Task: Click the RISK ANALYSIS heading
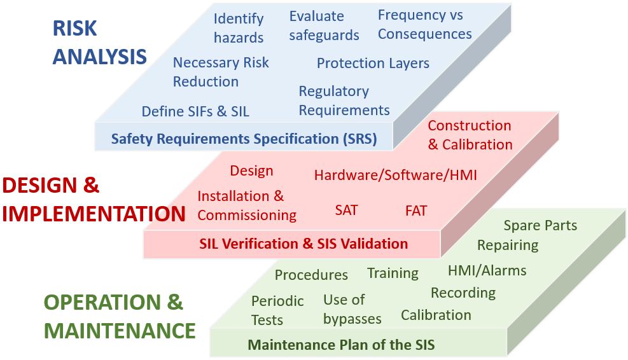coord(99,42)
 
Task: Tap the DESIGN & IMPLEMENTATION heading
coord(94,200)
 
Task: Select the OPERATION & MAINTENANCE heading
coord(120,316)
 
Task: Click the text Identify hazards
coord(239,28)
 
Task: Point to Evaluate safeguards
coord(324,25)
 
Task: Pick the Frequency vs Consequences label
coord(424,25)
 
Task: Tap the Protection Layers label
coord(373,63)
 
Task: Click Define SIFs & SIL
coord(195,111)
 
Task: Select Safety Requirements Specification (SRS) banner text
coord(244,139)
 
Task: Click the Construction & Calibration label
coord(470,135)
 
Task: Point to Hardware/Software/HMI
coord(395,176)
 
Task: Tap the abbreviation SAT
coord(346,211)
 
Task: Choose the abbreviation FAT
coord(416,211)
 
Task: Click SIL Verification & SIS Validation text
coord(304,244)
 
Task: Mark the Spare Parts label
coord(540,225)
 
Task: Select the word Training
coord(393,273)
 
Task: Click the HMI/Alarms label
coord(487,271)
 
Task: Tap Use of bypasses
coord(352,309)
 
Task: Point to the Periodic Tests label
coord(277,310)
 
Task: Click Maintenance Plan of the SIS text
coord(341,345)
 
